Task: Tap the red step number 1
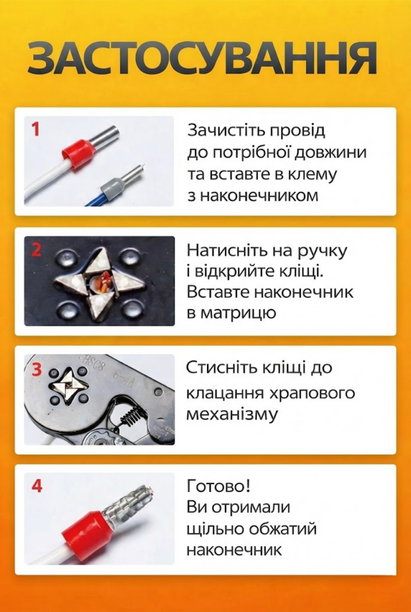point(35,129)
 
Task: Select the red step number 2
point(36,250)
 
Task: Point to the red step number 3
point(36,369)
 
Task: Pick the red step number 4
point(36,486)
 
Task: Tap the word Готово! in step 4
point(218,486)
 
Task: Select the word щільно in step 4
point(215,530)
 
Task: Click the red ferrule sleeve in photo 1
point(78,154)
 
